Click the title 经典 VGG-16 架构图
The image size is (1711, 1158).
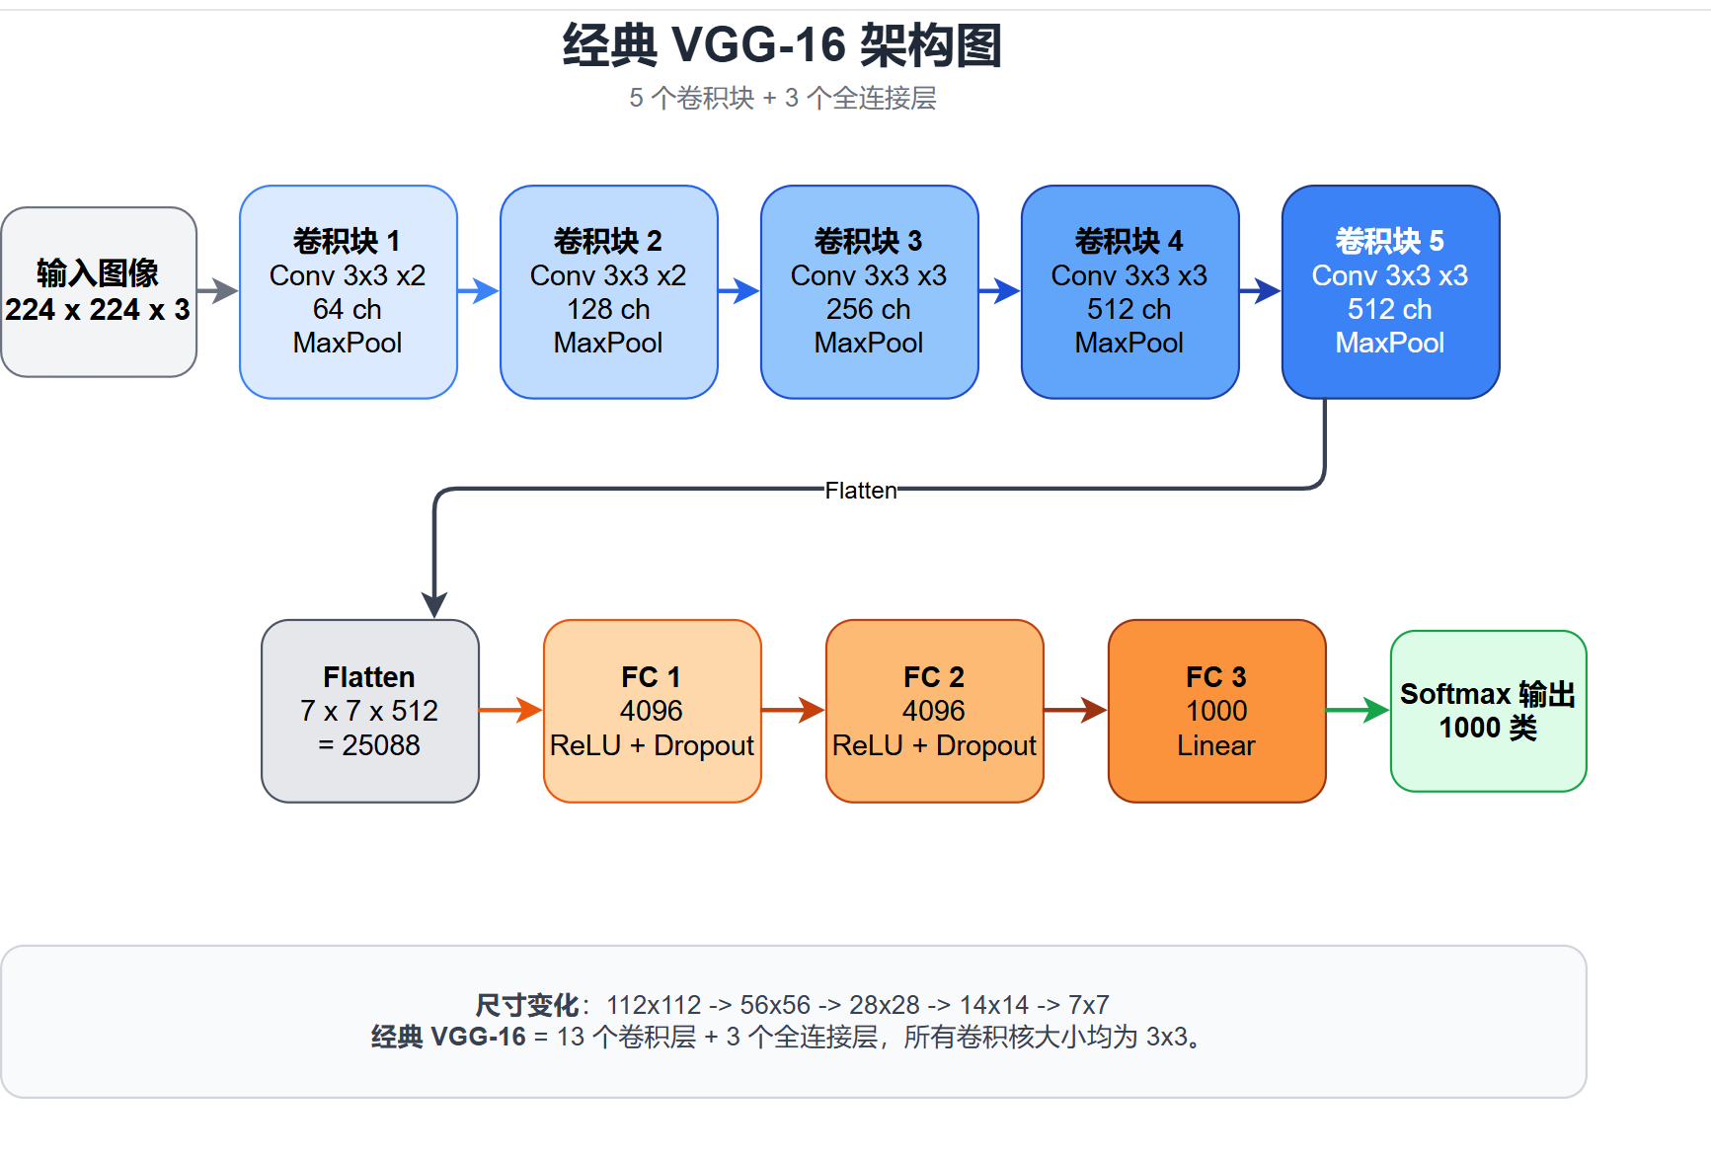782,45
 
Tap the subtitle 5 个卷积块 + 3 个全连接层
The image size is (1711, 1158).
782,98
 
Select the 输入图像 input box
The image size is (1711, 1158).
98,291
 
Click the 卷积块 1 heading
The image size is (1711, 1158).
347,241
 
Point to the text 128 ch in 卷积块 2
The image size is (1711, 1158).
608,309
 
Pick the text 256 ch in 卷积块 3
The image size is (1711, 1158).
869,309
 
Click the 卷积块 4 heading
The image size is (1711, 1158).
1128,241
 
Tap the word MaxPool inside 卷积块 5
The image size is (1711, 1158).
1389,343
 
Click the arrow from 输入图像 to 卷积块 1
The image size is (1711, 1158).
218,291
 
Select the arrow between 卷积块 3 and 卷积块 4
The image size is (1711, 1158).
999,291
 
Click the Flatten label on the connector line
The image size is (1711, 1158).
861,491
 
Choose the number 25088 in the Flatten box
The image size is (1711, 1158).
381,745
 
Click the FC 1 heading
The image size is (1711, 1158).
651,677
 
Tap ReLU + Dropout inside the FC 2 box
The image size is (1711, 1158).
934,745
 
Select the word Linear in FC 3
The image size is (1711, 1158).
1215,745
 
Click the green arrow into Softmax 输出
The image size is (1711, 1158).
1358,710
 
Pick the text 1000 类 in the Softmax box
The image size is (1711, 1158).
1488,729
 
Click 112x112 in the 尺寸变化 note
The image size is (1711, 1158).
653,1005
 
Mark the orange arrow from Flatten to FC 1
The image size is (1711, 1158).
510,710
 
